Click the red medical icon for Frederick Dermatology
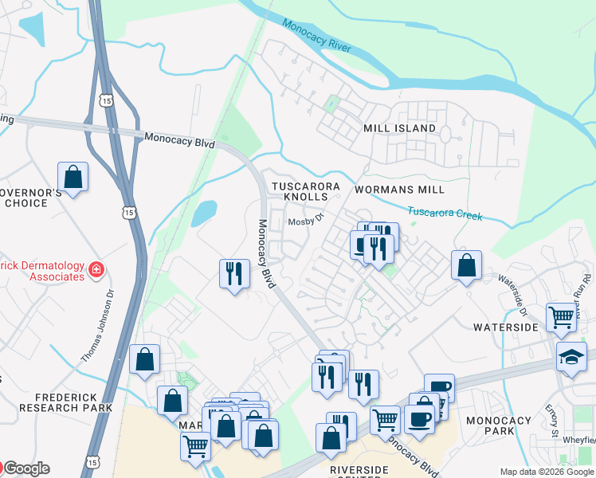(96, 270)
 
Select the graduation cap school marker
(571, 356)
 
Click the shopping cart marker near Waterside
(562, 317)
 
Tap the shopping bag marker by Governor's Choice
(73, 178)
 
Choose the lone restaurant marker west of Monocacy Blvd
(233, 274)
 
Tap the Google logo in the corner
(25, 468)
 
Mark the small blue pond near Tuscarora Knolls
(204, 213)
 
